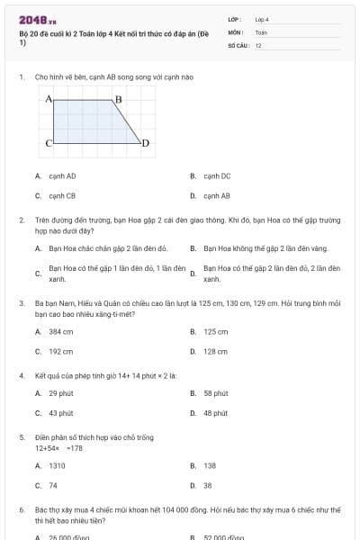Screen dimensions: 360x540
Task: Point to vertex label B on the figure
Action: coord(118,98)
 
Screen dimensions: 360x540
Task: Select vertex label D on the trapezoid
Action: coord(145,143)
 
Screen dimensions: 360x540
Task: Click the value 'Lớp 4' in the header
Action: coord(262,19)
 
